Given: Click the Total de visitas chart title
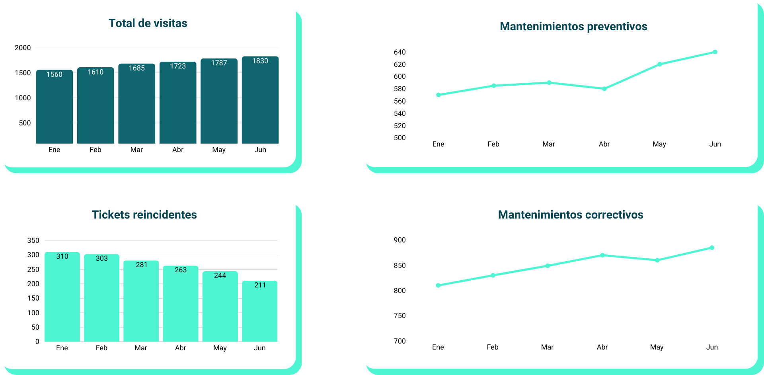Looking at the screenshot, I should point(148,23).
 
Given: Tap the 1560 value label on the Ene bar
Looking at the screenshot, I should point(55,74).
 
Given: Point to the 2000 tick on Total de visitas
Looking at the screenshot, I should point(23,48).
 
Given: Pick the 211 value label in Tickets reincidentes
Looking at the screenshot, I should point(260,285).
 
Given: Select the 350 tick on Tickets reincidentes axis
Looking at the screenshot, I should point(33,240).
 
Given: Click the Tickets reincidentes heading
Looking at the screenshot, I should point(144,215).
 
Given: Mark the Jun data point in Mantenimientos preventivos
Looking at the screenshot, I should point(715,52).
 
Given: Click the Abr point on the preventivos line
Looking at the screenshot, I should point(604,89).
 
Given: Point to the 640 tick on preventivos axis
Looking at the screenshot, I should point(400,52).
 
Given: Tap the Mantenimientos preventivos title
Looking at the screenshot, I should point(573,27).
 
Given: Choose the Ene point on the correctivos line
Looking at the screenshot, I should point(438,285).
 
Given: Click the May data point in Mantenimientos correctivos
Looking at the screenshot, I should point(657,260).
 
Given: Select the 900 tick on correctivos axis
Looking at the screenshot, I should point(400,240).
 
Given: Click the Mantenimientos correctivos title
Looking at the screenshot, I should point(571,215).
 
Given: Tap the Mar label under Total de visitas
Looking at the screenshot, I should point(136,150).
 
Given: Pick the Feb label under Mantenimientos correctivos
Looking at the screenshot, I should point(493,347).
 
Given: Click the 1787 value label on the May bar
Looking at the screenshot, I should point(219,63).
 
